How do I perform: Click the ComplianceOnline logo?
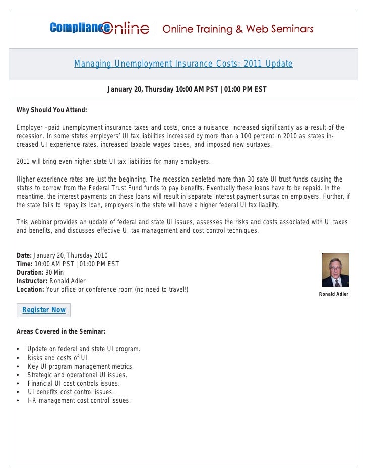(99, 28)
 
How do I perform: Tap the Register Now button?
(44, 310)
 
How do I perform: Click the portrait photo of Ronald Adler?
(335, 270)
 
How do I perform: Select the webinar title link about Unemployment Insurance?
(183, 64)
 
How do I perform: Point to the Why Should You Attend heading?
(52, 110)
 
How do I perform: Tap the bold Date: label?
(24, 255)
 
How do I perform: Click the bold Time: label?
(25, 264)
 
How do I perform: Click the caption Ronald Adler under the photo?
(334, 294)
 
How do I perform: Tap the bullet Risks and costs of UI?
(58, 358)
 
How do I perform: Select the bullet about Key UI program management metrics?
(81, 367)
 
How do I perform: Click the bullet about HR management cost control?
(79, 401)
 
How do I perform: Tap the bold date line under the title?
(187, 90)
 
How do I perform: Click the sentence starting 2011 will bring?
(113, 162)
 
